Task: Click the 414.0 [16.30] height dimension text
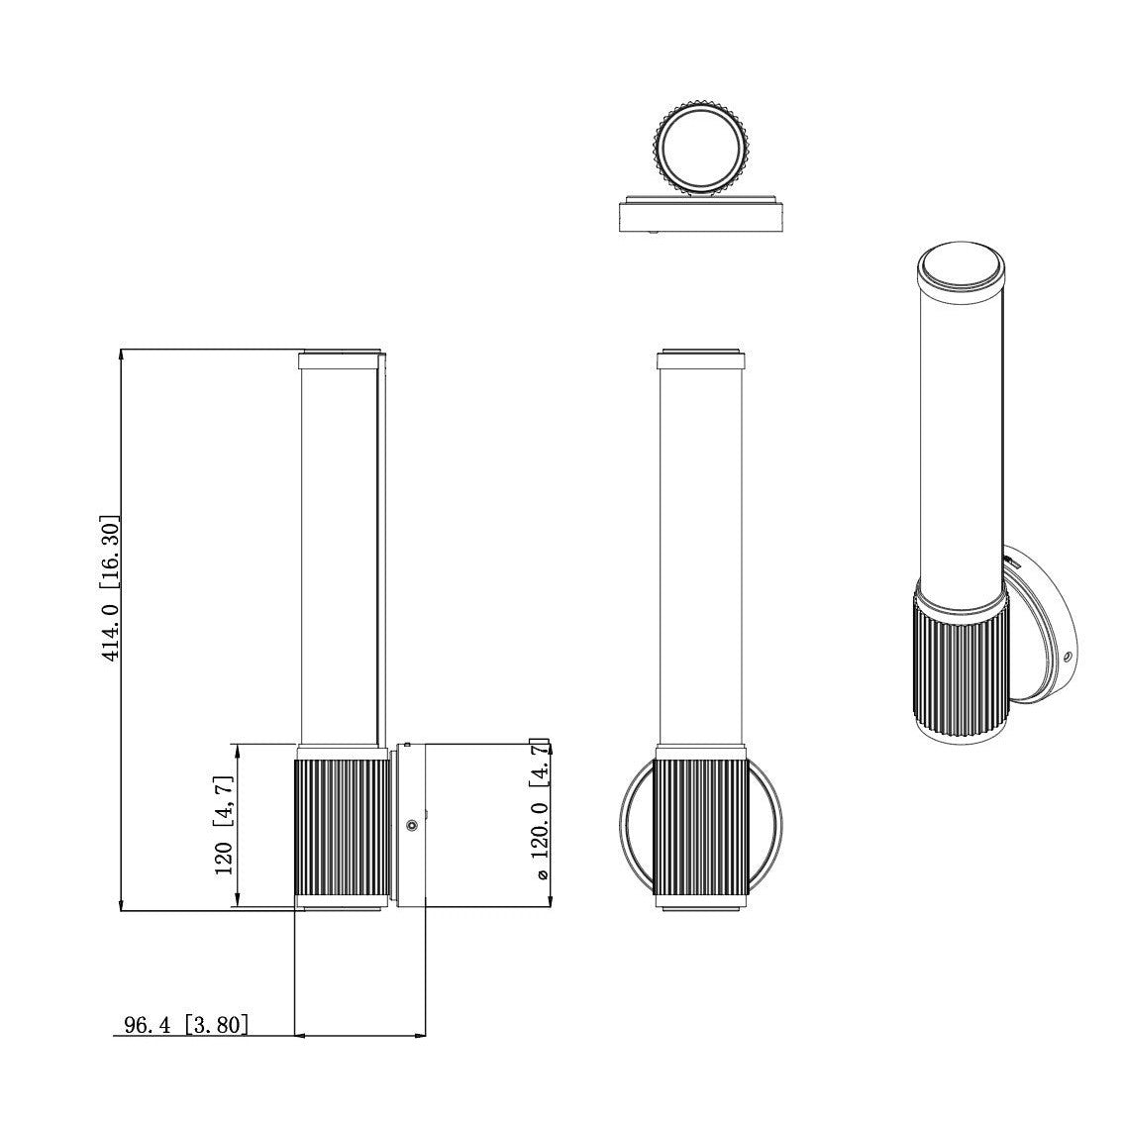coord(111,587)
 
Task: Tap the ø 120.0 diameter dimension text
coord(540,812)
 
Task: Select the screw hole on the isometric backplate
coord(1067,657)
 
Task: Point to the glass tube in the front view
coord(700,555)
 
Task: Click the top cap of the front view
coord(700,357)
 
